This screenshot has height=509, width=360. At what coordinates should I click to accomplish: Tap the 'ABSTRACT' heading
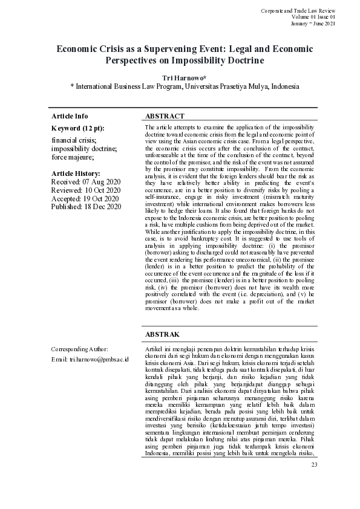[x=165, y=116]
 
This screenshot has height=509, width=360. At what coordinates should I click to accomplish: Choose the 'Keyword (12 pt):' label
[x=78, y=128]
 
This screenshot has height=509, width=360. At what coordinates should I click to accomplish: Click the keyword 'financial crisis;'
[x=73, y=139]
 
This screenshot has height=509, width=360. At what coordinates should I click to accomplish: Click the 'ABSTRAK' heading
[x=163, y=333]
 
